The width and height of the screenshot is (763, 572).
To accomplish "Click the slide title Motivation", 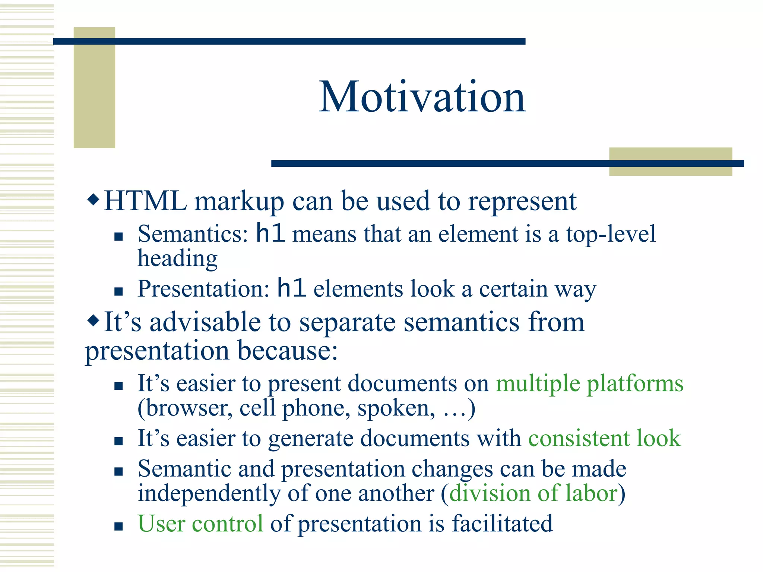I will coord(422,97).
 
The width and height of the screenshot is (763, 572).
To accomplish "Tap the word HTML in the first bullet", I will coord(145,201).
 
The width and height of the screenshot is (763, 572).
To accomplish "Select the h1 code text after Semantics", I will coord(270,233).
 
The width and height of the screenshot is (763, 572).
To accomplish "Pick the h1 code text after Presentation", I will coord(292,288).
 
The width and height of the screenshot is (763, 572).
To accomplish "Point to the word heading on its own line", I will coord(178,259).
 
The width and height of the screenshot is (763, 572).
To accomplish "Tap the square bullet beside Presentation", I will coord(118,291).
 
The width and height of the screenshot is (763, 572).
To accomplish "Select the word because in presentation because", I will coord(287,351).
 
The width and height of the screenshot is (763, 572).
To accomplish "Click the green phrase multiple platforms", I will coord(589,384).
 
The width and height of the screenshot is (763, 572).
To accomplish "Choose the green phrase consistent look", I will coord(604,438).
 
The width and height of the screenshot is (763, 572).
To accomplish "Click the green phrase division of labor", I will coord(533,493).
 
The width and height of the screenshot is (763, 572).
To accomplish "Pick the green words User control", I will coord(200,524).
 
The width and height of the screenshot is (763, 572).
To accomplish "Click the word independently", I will coord(209,493).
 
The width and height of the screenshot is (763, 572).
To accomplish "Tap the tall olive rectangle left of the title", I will coord(94,88).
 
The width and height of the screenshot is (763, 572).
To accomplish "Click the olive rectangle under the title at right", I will coord(670,162).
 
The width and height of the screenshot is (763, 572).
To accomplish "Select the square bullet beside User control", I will coord(118,526).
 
